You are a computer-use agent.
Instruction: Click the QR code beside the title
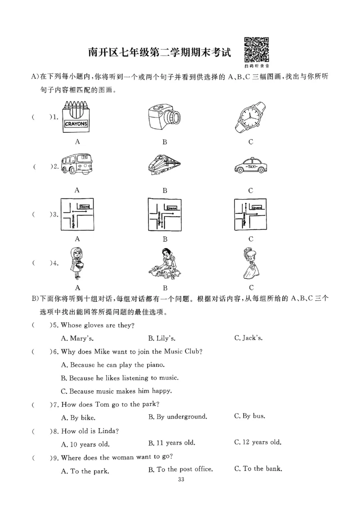(256, 50)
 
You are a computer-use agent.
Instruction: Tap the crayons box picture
(76, 118)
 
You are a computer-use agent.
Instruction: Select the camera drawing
(164, 117)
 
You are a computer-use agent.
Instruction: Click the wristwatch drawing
(251, 118)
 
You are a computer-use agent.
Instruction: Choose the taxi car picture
(251, 166)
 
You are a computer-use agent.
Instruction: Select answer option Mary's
(77, 338)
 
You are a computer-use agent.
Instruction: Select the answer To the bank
(258, 469)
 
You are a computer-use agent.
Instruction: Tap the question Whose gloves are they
(98, 325)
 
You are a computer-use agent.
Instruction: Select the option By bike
(78, 417)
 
